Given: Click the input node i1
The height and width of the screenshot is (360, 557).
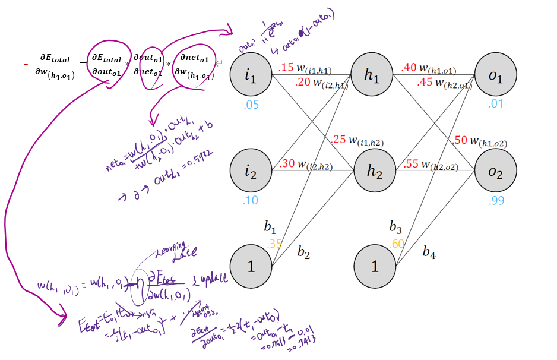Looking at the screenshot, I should tap(251, 75).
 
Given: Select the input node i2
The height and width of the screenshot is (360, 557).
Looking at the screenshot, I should tap(251, 171).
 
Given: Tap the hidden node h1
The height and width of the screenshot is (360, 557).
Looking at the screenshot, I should tap(374, 75).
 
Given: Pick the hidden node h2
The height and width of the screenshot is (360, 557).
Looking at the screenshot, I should tap(374, 171).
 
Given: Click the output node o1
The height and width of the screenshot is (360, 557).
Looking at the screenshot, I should tap(496, 75).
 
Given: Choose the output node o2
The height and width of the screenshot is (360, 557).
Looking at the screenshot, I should tap(496, 171).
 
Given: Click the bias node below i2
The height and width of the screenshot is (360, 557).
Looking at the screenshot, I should tap(251, 266).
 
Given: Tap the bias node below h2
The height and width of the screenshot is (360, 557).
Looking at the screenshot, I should tap(374, 266).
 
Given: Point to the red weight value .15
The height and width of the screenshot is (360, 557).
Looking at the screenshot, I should tap(286, 68).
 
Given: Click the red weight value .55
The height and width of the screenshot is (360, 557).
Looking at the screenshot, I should tap(410, 165).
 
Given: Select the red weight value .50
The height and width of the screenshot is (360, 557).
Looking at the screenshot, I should tap(459, 140).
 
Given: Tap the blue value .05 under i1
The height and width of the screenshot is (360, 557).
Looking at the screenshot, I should tap(251, 105).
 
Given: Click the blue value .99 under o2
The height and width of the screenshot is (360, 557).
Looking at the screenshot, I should tap(496, 201).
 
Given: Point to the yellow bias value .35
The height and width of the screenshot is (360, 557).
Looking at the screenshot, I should tap(274, 242).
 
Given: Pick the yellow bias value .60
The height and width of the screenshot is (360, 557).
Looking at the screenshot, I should tap(397, 242).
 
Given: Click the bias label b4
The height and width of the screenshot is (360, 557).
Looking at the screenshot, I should tap(429, 252).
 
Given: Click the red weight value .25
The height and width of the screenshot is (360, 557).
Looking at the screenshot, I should tap(339, 140).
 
